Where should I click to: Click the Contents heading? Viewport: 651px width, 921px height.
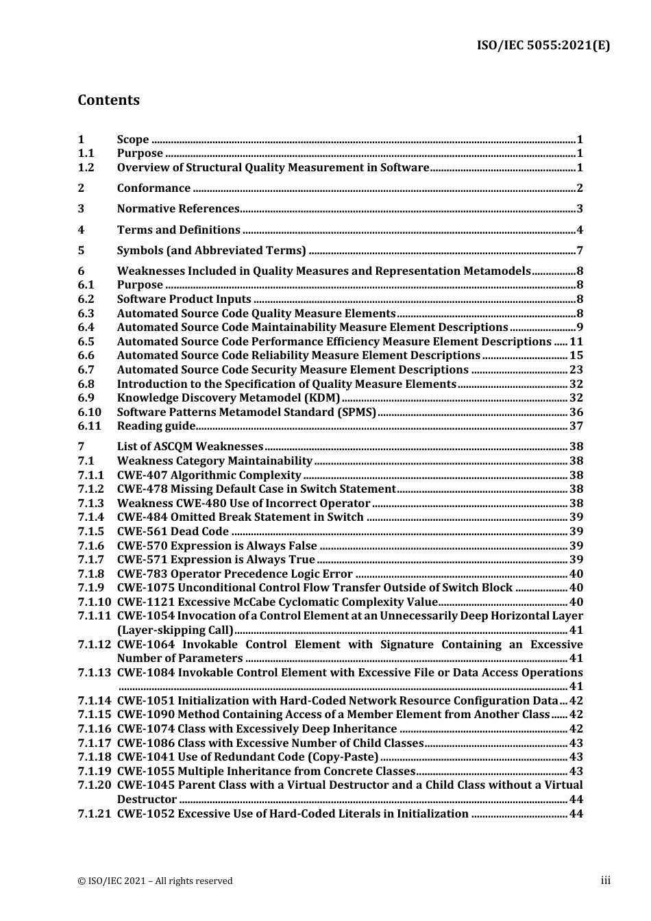click(108, 100)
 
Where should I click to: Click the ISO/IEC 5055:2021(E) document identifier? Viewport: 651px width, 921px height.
click(543, 46)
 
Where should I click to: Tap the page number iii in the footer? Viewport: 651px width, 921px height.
click(605, 881)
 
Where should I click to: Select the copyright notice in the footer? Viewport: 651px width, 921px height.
click(155, 881)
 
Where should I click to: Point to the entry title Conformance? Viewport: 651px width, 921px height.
click(153, 188)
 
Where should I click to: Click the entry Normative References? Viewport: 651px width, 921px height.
click(178, 209)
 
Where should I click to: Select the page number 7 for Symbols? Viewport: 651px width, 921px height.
click(580, 250)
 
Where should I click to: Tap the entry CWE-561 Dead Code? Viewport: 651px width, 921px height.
click(173, 531)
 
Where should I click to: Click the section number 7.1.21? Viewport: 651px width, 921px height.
click(94, 813)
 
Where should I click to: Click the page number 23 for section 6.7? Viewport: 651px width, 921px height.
click(576, 369)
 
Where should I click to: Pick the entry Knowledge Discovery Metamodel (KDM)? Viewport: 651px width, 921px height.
click(228, 397)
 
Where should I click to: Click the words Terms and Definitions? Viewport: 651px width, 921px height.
click(179, 230)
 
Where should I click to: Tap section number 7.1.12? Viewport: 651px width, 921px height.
click(94, 644)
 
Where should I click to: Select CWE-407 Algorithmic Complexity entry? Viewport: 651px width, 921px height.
click(209, 475)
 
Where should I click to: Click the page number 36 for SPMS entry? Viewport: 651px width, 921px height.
click(576, 412)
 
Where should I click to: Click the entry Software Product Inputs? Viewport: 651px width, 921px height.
click(184, 299)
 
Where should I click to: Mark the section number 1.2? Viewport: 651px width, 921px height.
click(86, 167)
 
